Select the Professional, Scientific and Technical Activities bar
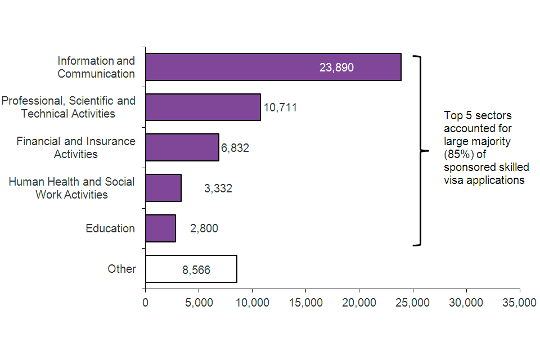(202, 107)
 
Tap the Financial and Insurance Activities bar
(182, 147)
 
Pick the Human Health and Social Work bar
(163, 188)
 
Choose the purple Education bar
(160, 228)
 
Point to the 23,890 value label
(336, 67)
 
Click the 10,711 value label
(280, 107)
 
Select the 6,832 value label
(235, 148)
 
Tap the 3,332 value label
(218, 188)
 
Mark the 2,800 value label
(204, 228)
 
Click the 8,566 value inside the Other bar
(196, 270)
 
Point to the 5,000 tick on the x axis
(199, 303)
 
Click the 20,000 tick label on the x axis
(359, 303)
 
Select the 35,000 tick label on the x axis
(519, 303)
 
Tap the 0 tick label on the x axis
(146, 303)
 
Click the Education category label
(110, 228)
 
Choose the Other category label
(121, 269)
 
